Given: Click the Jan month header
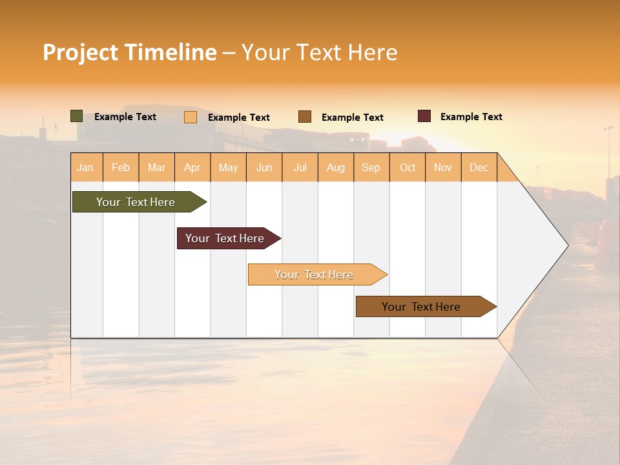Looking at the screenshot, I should [86, 167].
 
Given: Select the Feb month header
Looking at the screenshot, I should [121, 167].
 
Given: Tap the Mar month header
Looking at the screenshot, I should [156, 167].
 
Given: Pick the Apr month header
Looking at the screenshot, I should [192, 167].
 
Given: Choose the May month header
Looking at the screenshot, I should [228, 167].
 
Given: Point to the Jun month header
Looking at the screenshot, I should [264, 167].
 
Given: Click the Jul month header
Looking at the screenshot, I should [300, 167].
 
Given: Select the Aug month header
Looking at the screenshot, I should [336, 167].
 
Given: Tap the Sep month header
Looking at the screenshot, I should [371, 167].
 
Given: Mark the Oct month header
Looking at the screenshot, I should [408, 167].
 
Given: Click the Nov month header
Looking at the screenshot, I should [443, 167].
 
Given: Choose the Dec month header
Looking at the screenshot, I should [479, 167].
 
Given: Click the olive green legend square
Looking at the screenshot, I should [77, 116].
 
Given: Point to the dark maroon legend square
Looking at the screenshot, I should [424, 116].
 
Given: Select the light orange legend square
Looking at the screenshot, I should [191, 117].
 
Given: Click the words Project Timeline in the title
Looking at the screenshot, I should [130, 52].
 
